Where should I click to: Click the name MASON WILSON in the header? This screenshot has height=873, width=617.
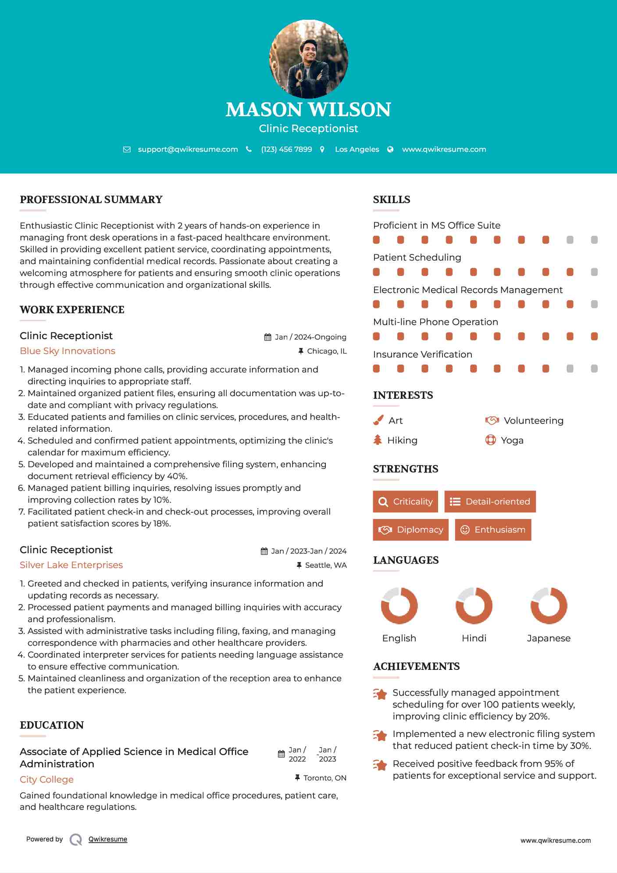tap(308, 110)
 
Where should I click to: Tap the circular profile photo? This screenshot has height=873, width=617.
tap(308, 59)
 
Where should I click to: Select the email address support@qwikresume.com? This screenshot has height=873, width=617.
tap(188, 149)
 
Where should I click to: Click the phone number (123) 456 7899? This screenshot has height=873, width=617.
tap(286, 149)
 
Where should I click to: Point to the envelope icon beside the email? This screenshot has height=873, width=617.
tap(127, 150)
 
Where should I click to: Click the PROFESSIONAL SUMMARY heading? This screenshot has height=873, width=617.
tap(91, 200)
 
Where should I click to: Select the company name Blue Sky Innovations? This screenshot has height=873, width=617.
tap(68, 351)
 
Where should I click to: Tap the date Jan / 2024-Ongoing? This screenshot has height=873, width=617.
tap(310, 337)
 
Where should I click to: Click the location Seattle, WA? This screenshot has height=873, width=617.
tap(325, 565)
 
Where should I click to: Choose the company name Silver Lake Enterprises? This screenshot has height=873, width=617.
tap(71, 565)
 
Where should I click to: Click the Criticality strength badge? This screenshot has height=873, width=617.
tap(405, 501)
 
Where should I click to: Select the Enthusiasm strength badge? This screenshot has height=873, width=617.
tap(493, 530)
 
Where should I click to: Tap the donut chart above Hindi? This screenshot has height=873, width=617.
tap(474, 606)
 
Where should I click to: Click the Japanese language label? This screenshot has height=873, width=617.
tap(549, 638)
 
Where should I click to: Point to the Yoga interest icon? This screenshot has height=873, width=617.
tap(491, 440)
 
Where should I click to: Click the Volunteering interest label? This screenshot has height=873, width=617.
tap(533, 421)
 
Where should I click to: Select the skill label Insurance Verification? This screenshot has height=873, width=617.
tap(422, 354)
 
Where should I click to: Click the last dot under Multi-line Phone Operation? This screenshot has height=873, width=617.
tap(594, 336)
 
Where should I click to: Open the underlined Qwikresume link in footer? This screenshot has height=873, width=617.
tap(108, 839)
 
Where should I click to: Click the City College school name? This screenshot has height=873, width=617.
tap(46, 780)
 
